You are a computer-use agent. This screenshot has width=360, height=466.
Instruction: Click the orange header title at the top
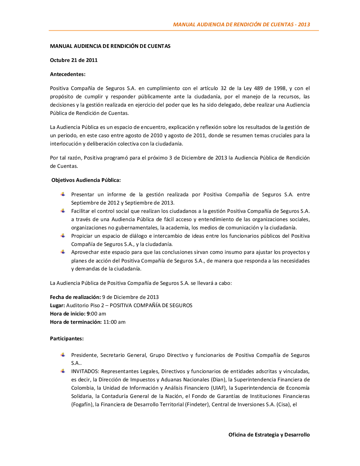pos(241,24)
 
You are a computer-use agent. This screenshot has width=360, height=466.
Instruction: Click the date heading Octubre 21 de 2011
pos(74,60)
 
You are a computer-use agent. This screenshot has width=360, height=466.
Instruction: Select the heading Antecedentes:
pos(68,74)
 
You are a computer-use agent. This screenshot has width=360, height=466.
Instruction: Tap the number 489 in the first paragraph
pos(258,88)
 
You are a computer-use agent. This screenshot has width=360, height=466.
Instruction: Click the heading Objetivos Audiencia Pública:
pos(86,180)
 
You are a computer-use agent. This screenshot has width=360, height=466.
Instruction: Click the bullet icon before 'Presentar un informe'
pos(63,194)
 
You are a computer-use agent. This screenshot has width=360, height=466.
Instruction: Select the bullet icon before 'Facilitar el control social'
pos(63,211)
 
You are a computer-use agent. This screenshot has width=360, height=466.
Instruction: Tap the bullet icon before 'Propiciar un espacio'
pos(63,236)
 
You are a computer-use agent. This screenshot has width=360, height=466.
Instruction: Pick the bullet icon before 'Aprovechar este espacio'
pos(63,252)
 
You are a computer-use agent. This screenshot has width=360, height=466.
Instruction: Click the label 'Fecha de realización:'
pos(75,297)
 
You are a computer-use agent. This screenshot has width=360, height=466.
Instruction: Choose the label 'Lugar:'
pos(58,305)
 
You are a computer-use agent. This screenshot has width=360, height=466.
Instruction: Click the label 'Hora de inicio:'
pos(68,314)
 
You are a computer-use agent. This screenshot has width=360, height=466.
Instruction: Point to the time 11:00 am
pos(114,322)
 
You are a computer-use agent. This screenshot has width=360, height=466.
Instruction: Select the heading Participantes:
pos(67,339)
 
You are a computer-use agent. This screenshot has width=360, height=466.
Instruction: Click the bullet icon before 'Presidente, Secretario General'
pos(63,355)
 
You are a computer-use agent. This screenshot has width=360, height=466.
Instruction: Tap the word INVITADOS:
pos(85,371)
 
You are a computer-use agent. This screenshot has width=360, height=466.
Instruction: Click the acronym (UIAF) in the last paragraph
pos(219,388)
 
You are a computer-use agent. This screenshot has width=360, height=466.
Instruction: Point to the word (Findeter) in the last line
pos(197,404)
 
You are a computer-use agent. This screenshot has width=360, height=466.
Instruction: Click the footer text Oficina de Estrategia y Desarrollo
pos(269,435)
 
